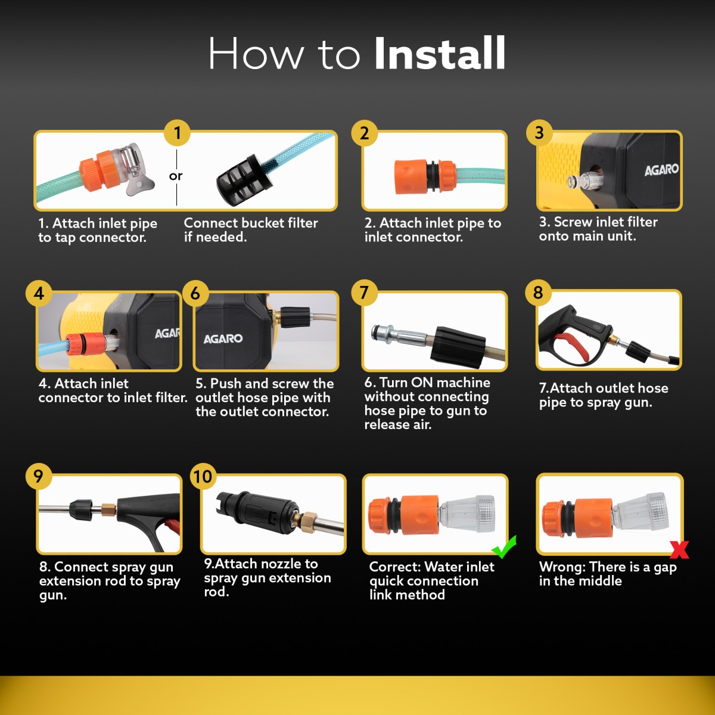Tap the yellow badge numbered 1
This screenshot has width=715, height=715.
[x=178, y=133]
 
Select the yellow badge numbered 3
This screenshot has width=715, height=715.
[x=539, y=133]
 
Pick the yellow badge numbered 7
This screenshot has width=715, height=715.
[x=365, y=293]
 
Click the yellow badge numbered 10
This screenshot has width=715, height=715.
[x=203, y=477]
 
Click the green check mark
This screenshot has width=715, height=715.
[x=504, y=547]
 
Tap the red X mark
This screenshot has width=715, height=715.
[x=679, y=549]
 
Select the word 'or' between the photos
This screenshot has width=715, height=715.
[x=176, y=176]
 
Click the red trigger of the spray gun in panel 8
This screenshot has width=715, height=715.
[x=571, y=347]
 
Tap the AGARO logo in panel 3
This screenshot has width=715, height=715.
[x=661, y=170]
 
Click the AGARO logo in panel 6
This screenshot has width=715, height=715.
[x=223, y=338]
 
